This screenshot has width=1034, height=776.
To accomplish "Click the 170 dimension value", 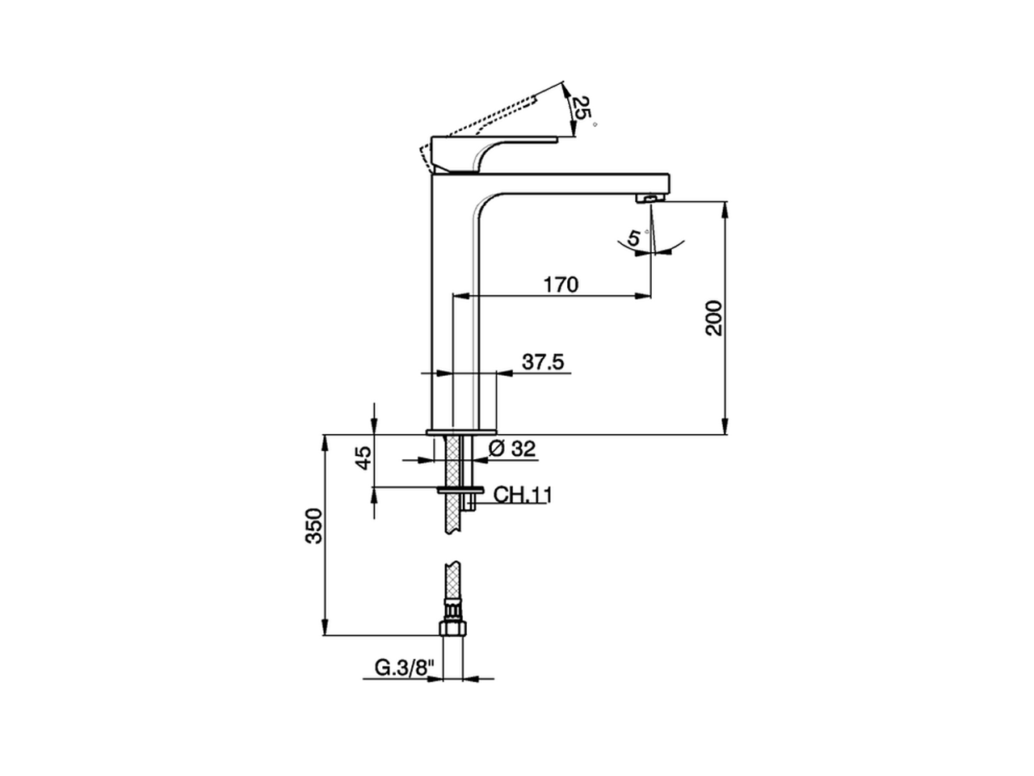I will pos(561,285).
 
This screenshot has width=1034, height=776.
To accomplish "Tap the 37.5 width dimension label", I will pos(542,362).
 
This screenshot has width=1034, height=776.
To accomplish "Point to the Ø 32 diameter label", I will pos(512,449).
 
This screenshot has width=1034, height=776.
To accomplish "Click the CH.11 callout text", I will pos(522,495).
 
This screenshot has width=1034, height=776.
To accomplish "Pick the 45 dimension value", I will pos(364,458).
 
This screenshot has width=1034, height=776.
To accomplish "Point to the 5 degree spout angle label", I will pos(634,238).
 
